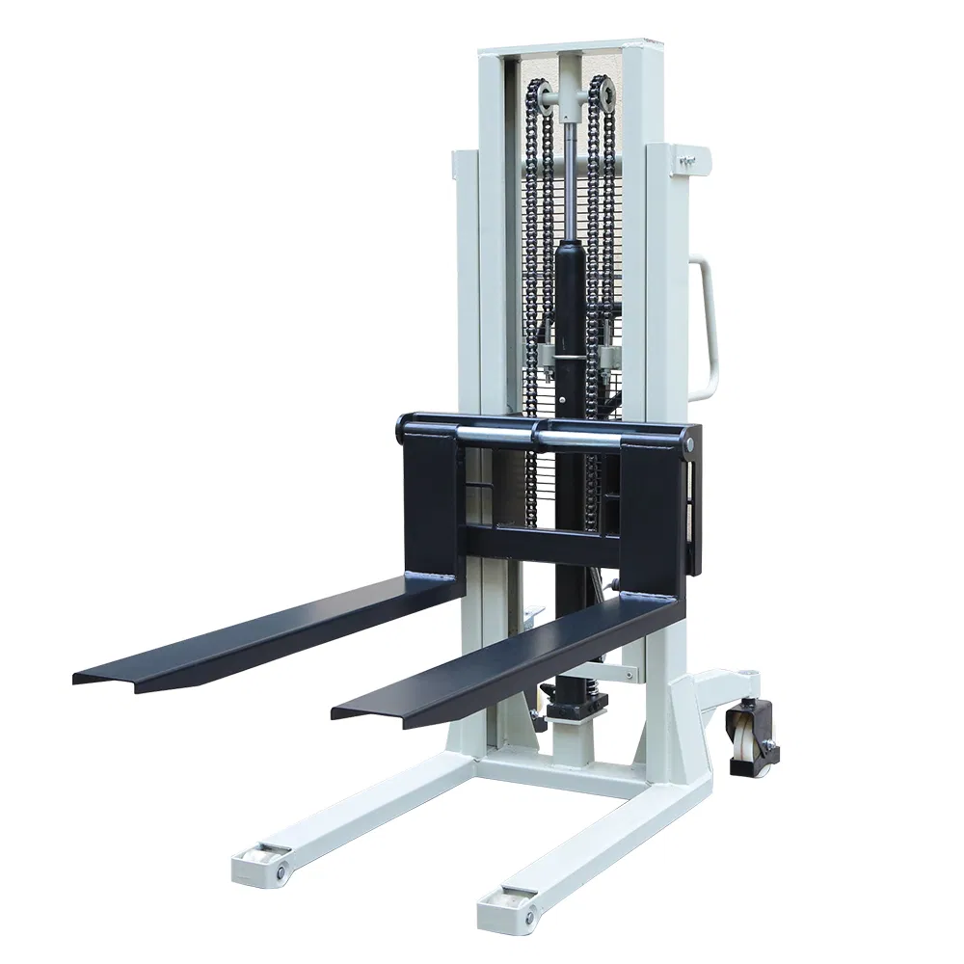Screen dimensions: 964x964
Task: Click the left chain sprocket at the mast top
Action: (546, 97)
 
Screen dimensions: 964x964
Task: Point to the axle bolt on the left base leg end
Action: (281, 873)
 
